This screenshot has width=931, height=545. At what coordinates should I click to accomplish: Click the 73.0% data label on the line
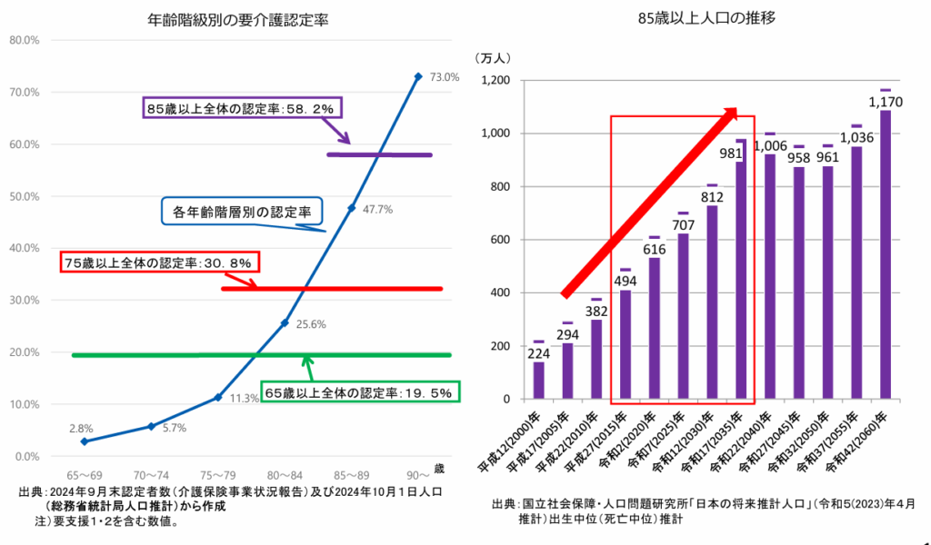[445, 77]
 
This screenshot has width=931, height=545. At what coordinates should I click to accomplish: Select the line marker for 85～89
[352, 208]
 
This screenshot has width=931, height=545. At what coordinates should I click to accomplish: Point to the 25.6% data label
[309, 324]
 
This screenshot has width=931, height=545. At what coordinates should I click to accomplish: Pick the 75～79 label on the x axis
[217, 476]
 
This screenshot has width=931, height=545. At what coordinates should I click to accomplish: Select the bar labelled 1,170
[886, 254]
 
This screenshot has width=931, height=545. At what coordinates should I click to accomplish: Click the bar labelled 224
[539, 381]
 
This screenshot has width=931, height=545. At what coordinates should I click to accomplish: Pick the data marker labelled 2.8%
[85, 441]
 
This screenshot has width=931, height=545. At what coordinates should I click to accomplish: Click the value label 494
[626, 280]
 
